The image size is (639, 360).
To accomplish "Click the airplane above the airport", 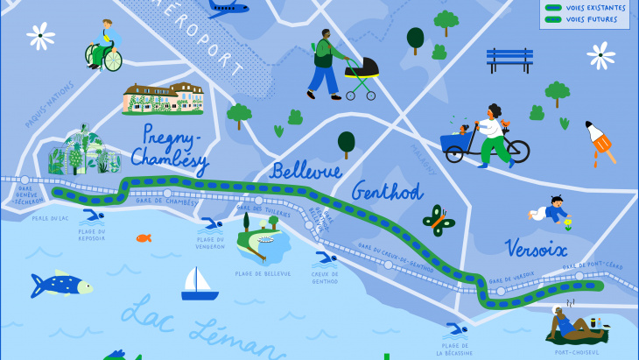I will coord(228,8).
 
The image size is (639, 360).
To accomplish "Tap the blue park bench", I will coord(509,60).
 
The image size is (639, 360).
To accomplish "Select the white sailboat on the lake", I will coord(199,284).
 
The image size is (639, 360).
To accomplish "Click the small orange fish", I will coord(144,237).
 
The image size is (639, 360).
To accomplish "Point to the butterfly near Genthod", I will coord(439,221).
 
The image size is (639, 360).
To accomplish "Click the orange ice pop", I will coord(600,143).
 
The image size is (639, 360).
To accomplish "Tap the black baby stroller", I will coord(362,74).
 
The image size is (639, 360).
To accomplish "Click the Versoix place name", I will coord(536,248).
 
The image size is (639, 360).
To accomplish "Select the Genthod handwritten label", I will coord(387,191).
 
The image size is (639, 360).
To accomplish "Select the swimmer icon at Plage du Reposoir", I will coord(91,216).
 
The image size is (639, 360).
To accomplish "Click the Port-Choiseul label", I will coord(577,352).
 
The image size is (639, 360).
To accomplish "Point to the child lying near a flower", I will coord(550,211).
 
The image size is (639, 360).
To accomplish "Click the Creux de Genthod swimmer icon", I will coord(325,258).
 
